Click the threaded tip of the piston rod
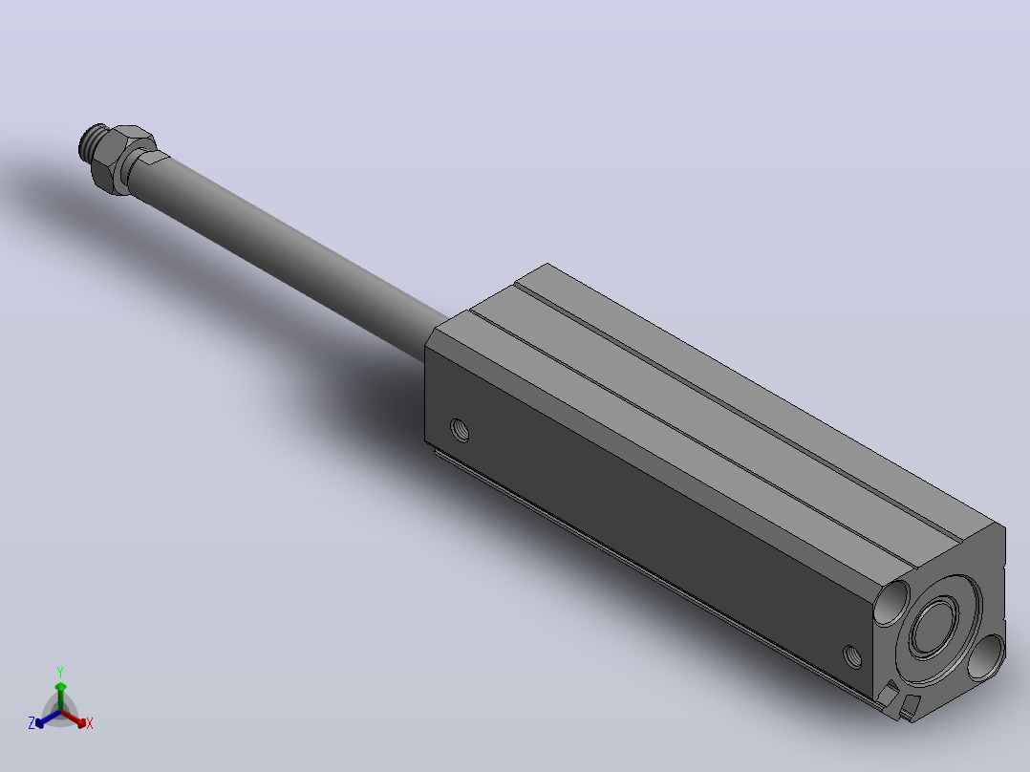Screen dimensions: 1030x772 click(x=92, y=142)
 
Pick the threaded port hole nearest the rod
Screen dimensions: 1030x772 click(x=460, y=430)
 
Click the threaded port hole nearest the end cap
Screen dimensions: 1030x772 click(x=852, y=655)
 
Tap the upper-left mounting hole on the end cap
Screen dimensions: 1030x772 click(x=892, y=602)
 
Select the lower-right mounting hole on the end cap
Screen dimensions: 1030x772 click(x=986, y=656)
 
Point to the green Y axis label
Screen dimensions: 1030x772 click(x=60, y=672)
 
